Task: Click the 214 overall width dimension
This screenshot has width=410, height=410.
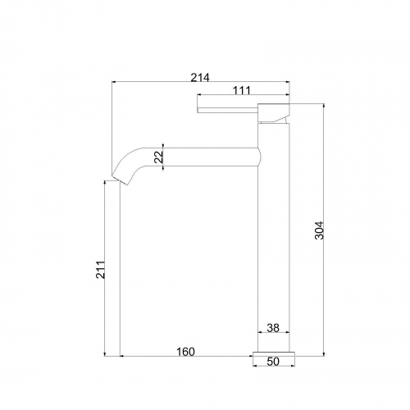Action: [x=200, y=78]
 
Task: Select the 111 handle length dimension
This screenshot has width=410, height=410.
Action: [x=242, y=90]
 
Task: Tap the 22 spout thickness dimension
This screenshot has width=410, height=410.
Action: [x=158, y=157]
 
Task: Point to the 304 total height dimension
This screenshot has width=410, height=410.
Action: [x=319, y=230]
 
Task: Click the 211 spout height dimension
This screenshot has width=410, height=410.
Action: [x=100, y=270]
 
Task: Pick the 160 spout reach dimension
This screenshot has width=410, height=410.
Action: [x=185, y=352]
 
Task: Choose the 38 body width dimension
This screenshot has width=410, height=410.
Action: [x=273, y=328]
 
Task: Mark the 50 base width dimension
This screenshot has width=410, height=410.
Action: [x=273, y=362]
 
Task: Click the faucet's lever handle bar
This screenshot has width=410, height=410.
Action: [x=228, y=110]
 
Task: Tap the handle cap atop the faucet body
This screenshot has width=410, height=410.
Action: [x=274, y=113]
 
